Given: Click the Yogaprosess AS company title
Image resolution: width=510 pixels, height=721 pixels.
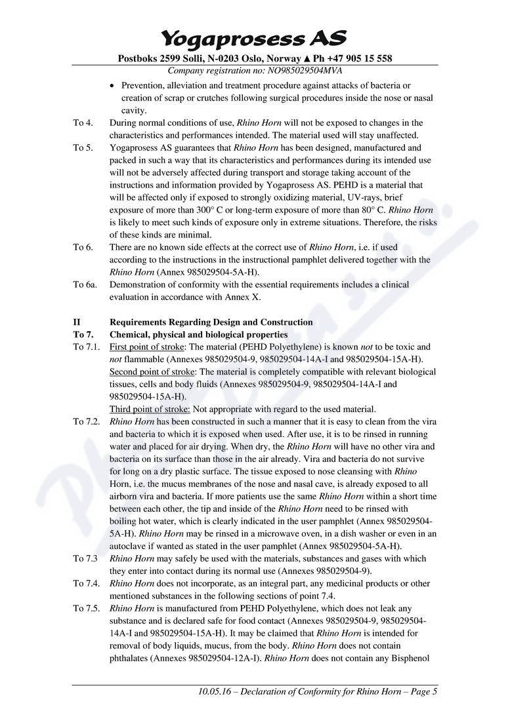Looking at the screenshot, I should (254, 37).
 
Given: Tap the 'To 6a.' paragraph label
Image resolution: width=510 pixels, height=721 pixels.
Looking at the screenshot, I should (85, 285).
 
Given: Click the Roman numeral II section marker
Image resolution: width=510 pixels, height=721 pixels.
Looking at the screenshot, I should (77, 322).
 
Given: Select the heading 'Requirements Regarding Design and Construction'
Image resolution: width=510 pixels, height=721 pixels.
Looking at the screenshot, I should (211, 322).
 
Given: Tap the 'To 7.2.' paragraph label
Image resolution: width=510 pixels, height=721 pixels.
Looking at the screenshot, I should (87, 422).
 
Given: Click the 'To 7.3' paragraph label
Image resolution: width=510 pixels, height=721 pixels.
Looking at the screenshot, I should (85, 559).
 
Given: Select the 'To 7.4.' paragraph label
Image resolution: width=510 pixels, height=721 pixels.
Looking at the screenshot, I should (87, 584).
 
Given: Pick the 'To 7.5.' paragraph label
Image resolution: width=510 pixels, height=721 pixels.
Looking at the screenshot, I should (87, 609).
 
